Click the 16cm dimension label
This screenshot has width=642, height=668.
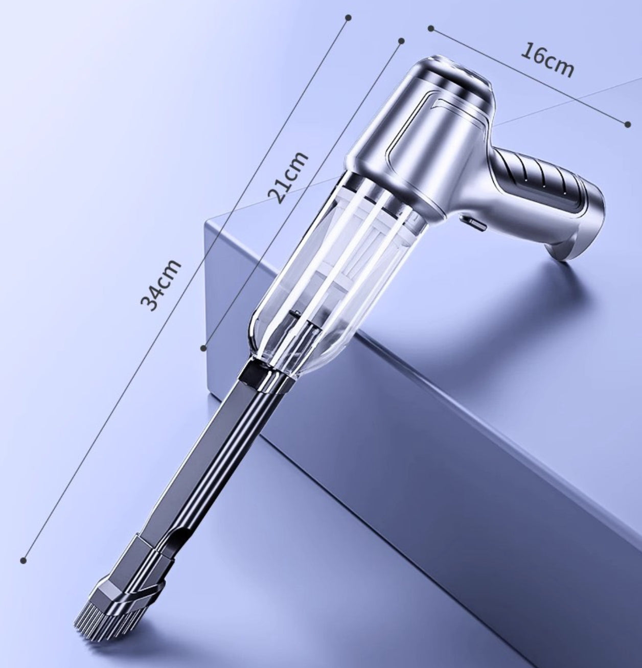tap(546, 60)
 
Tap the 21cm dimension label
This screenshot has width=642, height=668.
tap(288, 177)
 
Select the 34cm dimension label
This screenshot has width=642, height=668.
tap(161, 285)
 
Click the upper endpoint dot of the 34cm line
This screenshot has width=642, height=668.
tap(349, 17)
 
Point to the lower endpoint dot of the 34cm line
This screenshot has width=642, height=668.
tap(24, 560)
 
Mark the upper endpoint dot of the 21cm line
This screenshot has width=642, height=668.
tap(401, 41)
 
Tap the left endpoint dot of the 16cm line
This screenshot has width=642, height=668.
tap(431, 29)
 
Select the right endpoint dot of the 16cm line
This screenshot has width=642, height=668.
tap(628, 124)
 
